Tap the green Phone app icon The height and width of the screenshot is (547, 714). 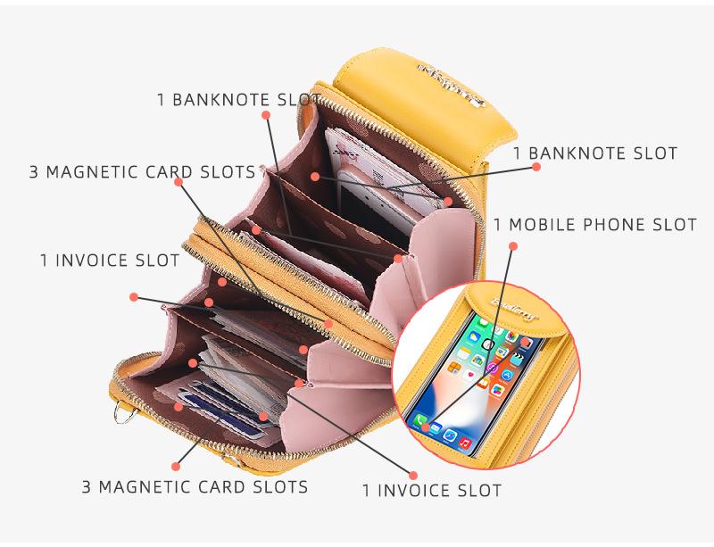[x=420, y=419]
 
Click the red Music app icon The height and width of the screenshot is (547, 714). [x=464, y=443]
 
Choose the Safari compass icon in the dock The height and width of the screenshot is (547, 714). [x=450, y=435]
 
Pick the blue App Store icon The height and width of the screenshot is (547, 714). [x=507, y=375]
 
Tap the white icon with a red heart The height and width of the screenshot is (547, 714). [x=470, y=374]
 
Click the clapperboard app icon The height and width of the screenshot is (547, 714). [x=517, y=358]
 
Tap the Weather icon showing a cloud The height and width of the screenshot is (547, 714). [x=475, y=336]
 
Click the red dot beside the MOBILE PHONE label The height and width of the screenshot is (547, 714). [x=512, y=244]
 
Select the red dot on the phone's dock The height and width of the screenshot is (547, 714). [x=426, y=427]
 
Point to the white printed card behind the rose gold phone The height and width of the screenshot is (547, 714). [x=344, y=152]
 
